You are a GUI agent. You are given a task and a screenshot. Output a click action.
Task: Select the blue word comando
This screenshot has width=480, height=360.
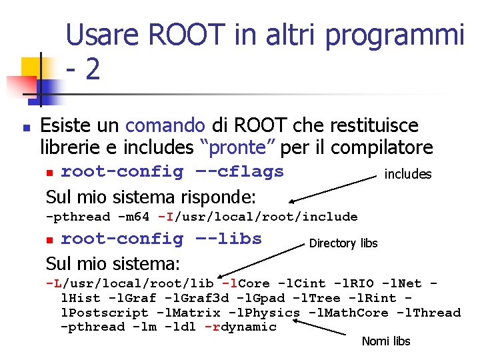(x=165, y=125)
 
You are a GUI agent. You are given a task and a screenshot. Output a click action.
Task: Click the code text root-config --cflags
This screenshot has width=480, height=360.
(x=172, y=171)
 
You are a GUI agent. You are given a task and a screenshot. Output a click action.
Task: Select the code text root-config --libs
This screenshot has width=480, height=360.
(x=161, y=239)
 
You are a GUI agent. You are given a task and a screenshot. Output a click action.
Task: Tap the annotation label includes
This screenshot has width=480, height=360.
(x=408, y=175)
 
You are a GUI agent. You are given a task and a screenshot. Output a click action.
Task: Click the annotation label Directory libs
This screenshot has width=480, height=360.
(x=343, y=243)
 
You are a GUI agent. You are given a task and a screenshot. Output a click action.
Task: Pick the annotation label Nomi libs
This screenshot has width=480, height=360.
(x=386, y=341)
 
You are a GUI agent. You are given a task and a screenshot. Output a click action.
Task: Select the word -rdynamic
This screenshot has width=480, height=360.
(x=240, y=327)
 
